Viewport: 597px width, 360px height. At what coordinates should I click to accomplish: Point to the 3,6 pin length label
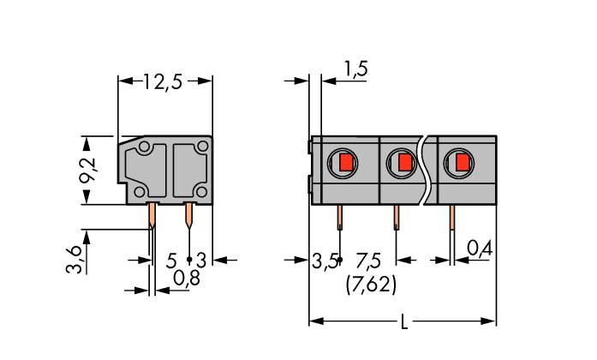point(76,256)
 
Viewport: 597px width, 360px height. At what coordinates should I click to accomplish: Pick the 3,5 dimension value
point(323,259)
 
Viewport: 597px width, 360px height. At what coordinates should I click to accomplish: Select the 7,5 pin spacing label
point(370,259)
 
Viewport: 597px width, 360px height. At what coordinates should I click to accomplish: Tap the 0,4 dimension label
point(479,249)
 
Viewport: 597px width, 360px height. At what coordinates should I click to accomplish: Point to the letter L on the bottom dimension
point(404,322)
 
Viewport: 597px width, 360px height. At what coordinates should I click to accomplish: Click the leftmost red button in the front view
point(345,162)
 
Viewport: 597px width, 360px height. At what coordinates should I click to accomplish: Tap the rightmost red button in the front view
point(462,162)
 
